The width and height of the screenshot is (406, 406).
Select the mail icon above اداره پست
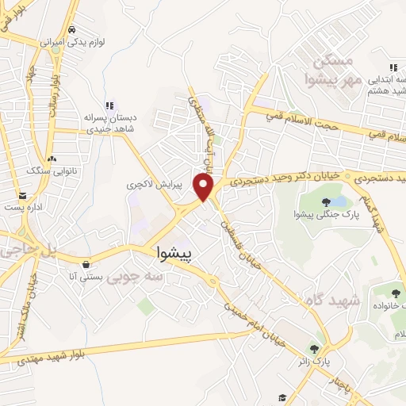point(22,195)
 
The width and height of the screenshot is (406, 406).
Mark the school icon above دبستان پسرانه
point(109,105)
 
